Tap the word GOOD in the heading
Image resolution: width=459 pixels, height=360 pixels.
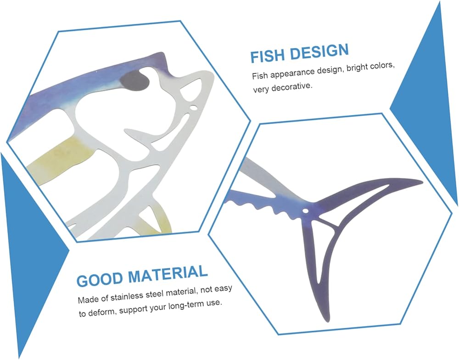click(100, 279)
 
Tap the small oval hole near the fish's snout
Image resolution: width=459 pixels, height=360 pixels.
click(194, 108)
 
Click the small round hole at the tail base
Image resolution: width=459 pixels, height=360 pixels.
click(305, 210)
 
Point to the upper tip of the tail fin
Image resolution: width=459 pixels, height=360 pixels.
click(422, 183)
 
